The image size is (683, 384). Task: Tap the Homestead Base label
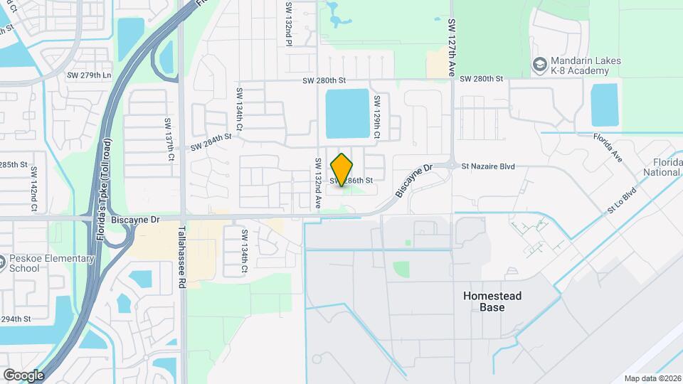coord(492,302)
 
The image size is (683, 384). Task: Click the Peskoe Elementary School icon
coord(4,265)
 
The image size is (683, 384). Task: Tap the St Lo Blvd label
coord(620,202)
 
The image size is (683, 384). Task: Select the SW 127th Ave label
coord(451,48)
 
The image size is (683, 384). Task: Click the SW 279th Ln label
coord(89,75)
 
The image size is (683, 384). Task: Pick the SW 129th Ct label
coord(377,117)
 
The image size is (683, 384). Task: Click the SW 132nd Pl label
coord(289,23)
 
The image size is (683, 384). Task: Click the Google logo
coord(23,375)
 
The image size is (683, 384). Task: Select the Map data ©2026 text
coord(652,378)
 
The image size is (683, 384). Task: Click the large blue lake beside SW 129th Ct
coord(348,114)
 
